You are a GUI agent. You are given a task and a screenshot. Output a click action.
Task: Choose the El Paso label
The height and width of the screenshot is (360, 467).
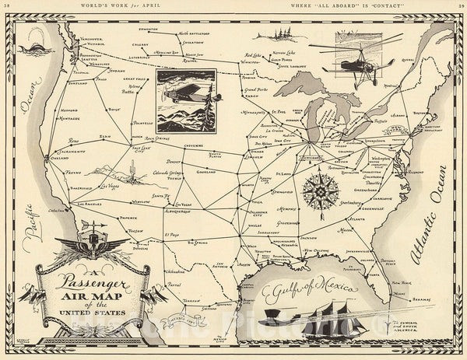pos(171,232)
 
